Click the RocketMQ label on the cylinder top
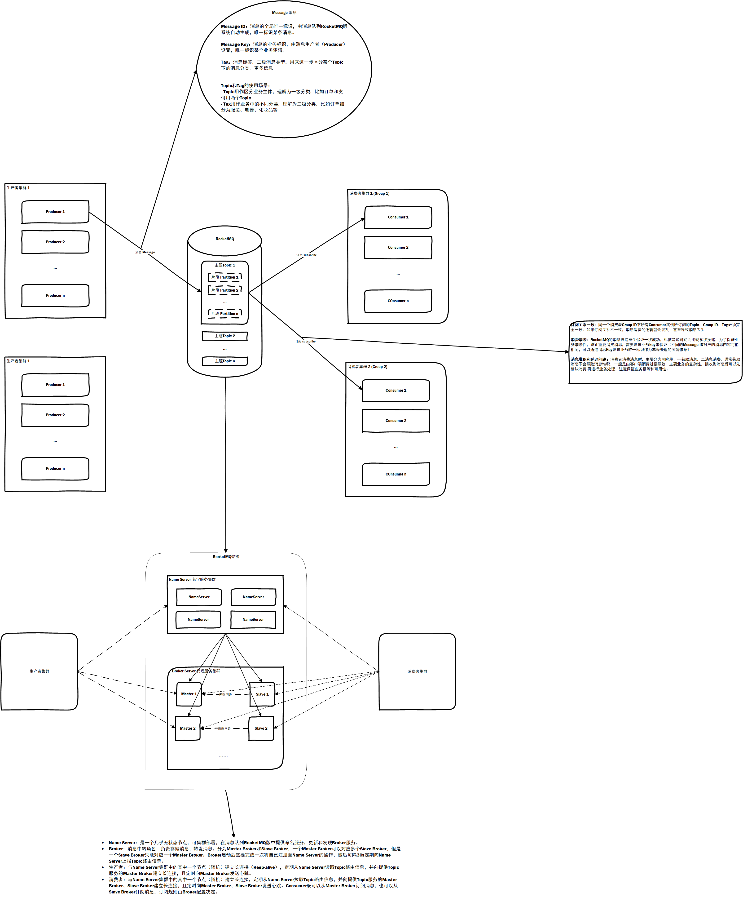(x=225, y=239)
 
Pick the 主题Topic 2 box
(x=225, y=336)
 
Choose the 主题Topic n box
(x=225, y=361)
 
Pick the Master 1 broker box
(x=189, y=694)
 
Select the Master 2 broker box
(x=188, y=728)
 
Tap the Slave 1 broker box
(x=262, y=694)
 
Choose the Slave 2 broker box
(x=261, y=728)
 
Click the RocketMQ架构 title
(x=226, y=557)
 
